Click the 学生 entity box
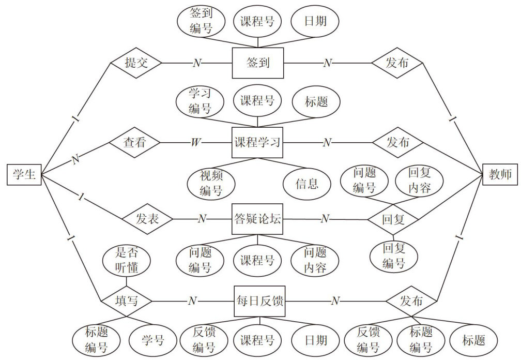[24, 174]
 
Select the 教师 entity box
[500, 174]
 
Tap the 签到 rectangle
[258, 63]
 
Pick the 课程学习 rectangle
[258, 142]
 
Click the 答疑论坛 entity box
[258, 219]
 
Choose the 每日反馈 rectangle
[259, 301]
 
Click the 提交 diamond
[136, 63]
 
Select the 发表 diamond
[147, 219]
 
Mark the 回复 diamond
[393, 219]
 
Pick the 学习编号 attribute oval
[199, 101]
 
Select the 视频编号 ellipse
[211, 183]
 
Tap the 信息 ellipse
[307, 183]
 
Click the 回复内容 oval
[419, 180]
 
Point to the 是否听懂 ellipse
[126, 261]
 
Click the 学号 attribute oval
[153, 340]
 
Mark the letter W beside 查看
[195, 142]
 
